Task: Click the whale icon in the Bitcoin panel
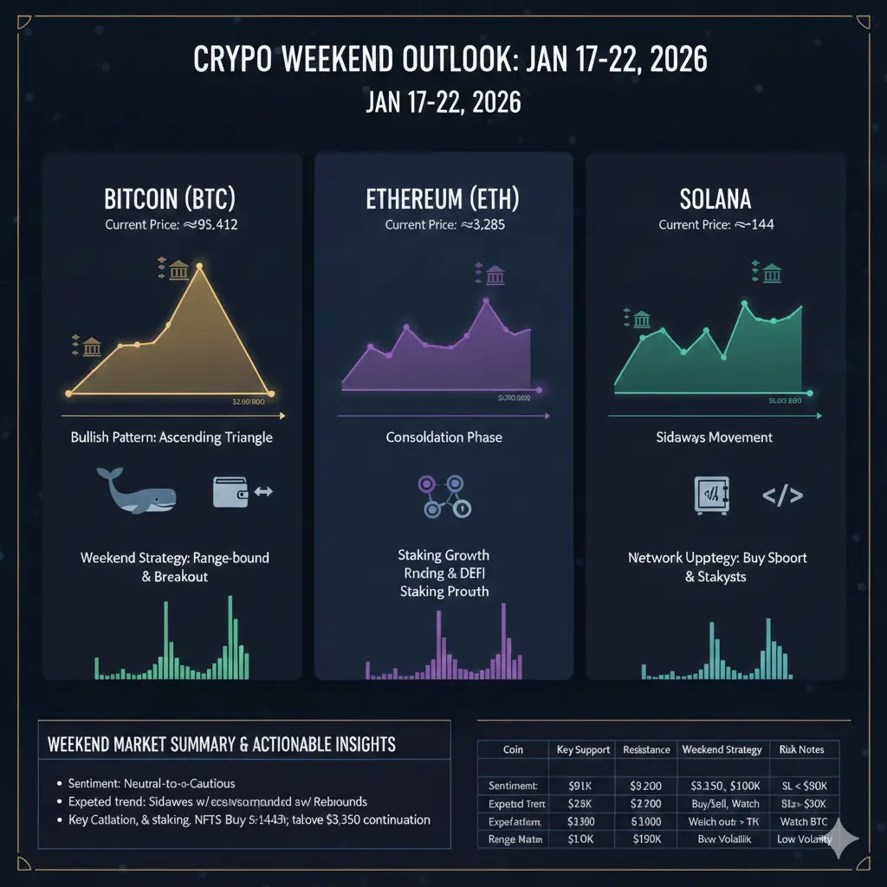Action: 137,491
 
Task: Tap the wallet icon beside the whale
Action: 230,491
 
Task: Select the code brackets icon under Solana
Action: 781,495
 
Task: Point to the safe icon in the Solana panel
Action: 712,495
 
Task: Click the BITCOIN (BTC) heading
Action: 170,198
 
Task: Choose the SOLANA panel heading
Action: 715,198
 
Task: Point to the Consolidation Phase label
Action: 443,437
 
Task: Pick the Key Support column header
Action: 582,749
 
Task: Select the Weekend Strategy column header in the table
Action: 721,749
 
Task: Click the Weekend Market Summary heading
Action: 222,744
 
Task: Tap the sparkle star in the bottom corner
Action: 842,839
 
